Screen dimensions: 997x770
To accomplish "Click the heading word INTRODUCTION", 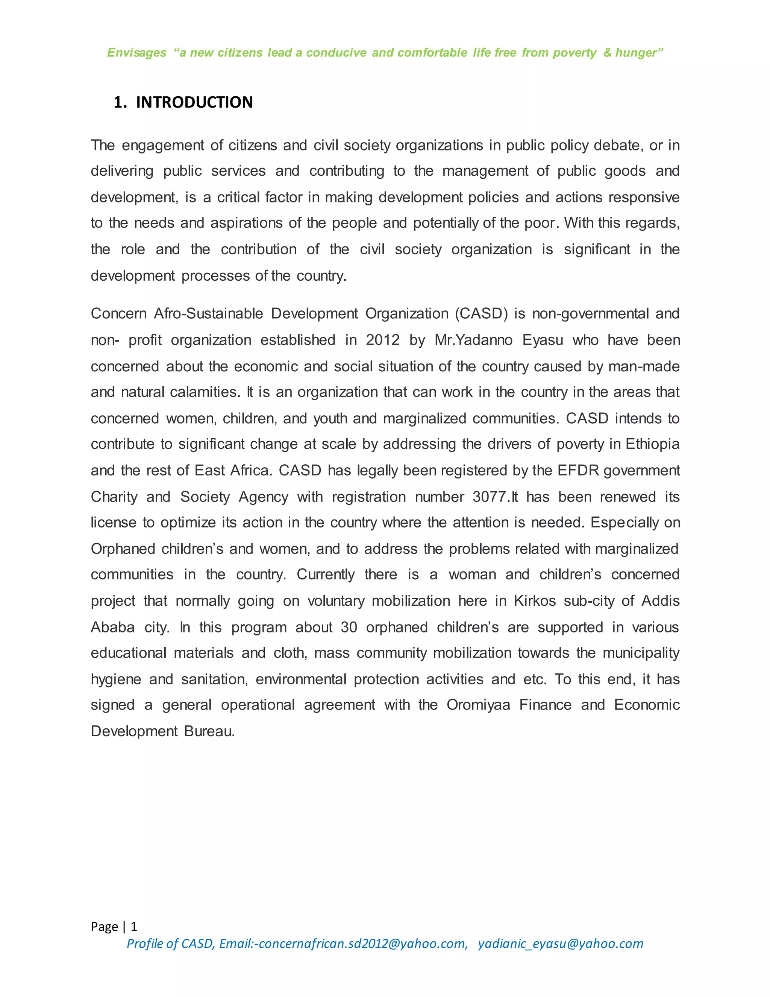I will pos(194,102).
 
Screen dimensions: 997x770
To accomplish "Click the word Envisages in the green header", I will pos(136,53).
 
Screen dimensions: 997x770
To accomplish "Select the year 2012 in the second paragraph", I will pos(382,340).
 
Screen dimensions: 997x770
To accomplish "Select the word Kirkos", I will pos(535,601).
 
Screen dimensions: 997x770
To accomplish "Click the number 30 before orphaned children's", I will pos(349,627).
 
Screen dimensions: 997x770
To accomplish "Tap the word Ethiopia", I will pos(652,444).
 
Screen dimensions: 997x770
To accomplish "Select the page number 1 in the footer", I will pos(133,926).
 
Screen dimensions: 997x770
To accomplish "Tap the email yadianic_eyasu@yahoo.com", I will pos(560,944).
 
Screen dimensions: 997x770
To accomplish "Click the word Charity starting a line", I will pos(114,497).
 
